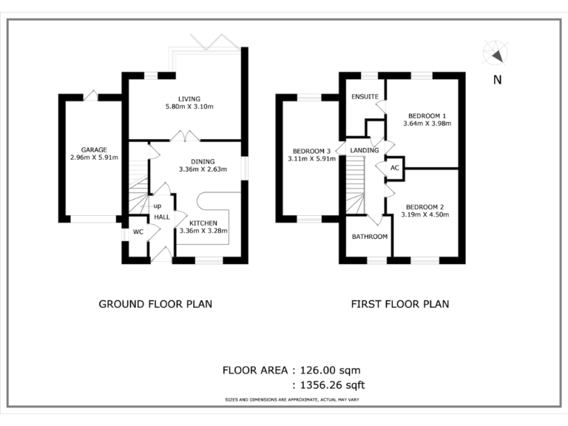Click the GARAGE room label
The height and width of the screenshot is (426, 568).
point(95,149)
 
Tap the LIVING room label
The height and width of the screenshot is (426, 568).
point(189,99)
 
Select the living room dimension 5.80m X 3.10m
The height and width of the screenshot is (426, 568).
point(189,107)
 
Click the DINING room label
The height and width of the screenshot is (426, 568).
point(203,161)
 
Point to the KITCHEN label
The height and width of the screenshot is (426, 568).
point(203,223)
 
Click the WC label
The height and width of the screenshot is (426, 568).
point(138,232)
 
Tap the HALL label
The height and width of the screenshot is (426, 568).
point(161,217)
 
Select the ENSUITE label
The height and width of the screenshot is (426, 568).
point(365,97)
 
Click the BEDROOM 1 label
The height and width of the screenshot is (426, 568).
point(427,115)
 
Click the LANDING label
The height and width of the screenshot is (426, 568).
point(365,150)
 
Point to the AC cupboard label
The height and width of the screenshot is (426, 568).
point(394,168)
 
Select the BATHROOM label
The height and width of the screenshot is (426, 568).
point(369,237)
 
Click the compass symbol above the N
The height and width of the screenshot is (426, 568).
point(494,53)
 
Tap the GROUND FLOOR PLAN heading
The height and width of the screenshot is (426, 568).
point(155,303)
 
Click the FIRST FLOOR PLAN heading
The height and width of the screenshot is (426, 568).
point(400,303)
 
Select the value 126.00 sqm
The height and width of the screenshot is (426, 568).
point(331,370)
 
